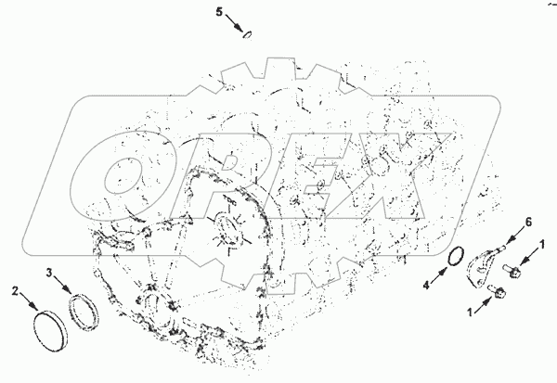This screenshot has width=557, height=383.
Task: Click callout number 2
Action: pyautogui.click(x=15, y=292)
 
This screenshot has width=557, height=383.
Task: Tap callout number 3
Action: pyautogui.click(x=49, y=273)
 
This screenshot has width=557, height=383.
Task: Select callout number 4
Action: pyautogui.click(x=426, y=285)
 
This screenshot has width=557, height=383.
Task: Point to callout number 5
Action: pyautogui.click(x=219, y=12)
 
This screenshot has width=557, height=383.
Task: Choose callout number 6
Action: pyautogui.click(x=528, y=223)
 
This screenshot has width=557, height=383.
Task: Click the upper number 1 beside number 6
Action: pyautogui.click(x=542, y=244)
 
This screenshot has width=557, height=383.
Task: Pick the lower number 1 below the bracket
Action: pyautogui.click(x=470, y=312)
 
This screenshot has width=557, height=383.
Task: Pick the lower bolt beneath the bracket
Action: pyautogui.click(x=498, y=291)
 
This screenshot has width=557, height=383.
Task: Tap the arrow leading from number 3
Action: pyautogui.click(x=62, y=283)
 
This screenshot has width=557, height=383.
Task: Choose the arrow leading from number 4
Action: pyautogui.click(x=439, y=275)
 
